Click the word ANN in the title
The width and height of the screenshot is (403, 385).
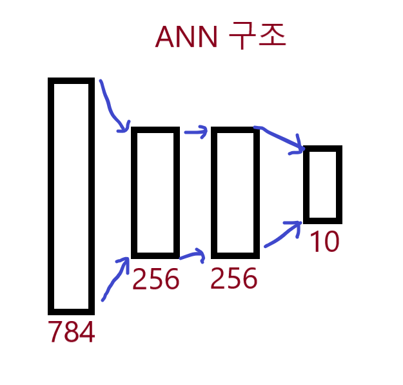coord(187,37)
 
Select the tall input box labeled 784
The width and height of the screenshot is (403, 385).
coord(72,196)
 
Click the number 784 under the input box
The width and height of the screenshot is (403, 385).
coord(72,333)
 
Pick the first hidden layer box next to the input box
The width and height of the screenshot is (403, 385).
coord(155,192)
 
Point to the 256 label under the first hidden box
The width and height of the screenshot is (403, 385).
coord(155,280)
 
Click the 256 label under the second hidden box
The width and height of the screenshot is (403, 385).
coord(234,280)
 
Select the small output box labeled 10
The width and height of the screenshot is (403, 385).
coord(322,185)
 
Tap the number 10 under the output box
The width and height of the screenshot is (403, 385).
coord(324,242)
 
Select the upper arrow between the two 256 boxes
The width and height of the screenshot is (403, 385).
coord(195,132)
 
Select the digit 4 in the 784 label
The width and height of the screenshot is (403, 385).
coord(87,333)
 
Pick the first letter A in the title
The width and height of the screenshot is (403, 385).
coord(165,37)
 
